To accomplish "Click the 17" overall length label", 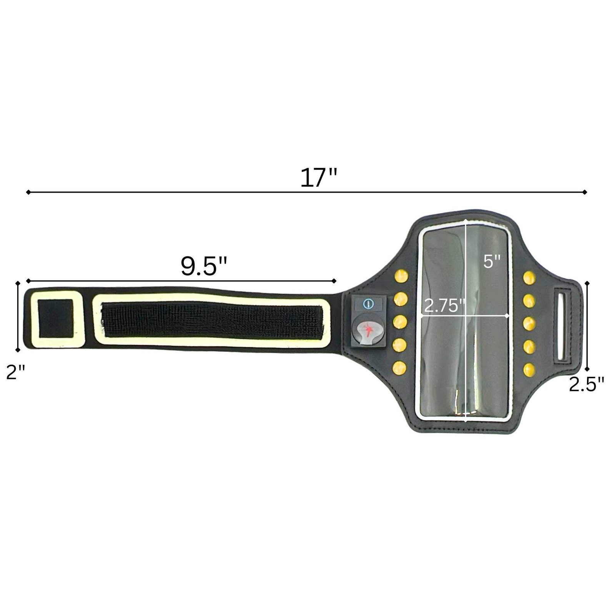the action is tap(319, 177).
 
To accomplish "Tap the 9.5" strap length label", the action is tap(204, 266).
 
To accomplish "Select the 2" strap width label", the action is tap(16, 372).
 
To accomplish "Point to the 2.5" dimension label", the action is tap(587, 384).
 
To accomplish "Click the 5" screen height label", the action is tap(492, 262).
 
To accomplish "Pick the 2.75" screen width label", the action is tap(445, 306).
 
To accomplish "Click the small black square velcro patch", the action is tap(55, 319).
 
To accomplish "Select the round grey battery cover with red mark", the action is tap(369, 330).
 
